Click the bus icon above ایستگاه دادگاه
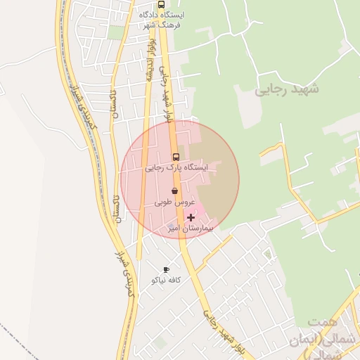point(162,4)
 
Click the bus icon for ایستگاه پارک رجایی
point(176,157)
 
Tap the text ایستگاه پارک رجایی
point(176,168)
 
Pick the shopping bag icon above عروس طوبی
point(174,191)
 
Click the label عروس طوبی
point(174,202)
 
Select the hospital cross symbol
point(191,218)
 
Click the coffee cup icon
point(166,269)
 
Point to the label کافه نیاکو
point(167,280)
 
